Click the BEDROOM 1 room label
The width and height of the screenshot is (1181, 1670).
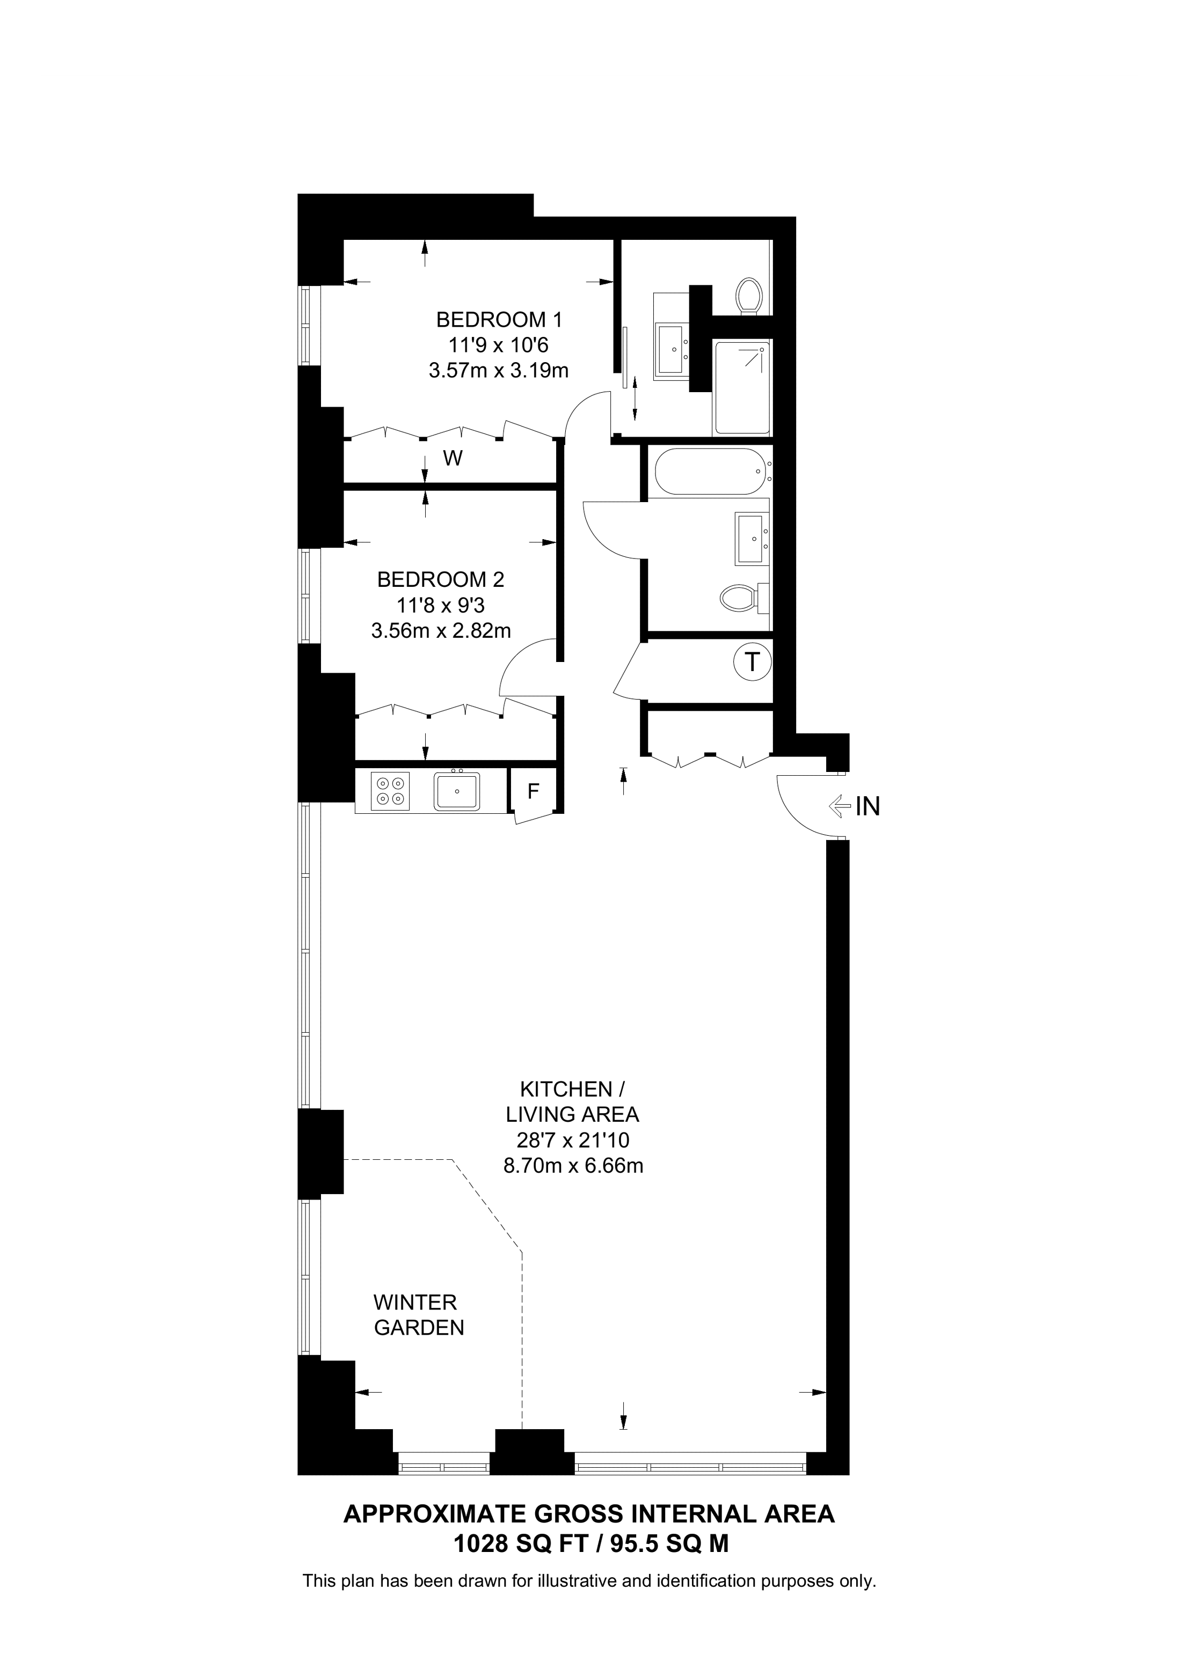(499, 319)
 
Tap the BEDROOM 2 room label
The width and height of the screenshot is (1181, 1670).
(440, 580)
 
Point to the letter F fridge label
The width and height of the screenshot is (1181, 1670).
(534, 791)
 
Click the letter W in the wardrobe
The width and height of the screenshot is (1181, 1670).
(453, 458)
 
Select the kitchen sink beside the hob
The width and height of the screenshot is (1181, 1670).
(456, 791)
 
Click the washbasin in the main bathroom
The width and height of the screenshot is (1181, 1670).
(752, 538)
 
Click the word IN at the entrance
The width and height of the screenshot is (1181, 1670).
(867, 806)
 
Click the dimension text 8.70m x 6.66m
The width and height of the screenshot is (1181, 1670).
(573, 1166)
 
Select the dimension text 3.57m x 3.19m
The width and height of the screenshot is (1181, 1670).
(499, 371)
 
